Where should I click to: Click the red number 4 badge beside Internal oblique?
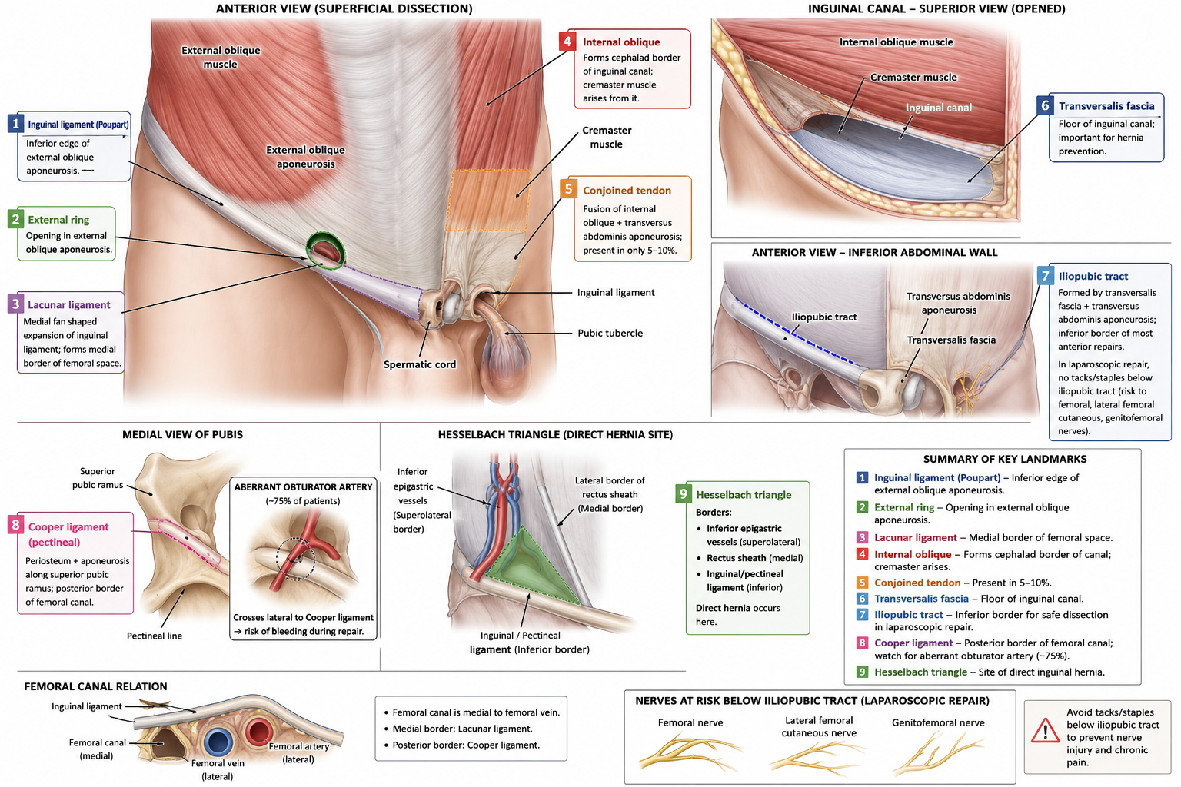[x=567, y=41]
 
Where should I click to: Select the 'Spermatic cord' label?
[x=420, y=364]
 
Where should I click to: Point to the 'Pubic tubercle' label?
[x=610, y=333]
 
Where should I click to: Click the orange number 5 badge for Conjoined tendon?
[x=568, y=189]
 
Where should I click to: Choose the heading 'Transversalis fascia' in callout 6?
[x=1106, y=106]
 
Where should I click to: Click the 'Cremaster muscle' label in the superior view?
[x=913, y=77]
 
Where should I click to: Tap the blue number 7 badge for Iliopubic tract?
[x=1045, y=276]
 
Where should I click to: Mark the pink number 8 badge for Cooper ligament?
[x=15, y=525]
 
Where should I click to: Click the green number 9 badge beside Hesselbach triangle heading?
[x=684, y=494]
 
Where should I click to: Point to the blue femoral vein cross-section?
[x=218, y=742]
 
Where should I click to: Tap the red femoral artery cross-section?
[x=258, y=732]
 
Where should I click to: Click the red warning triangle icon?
[x=1044, y=730]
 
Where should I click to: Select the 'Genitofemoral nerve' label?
[x=938, y=722]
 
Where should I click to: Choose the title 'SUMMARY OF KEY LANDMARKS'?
[x=1005, y=459]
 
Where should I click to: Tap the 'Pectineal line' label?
[x=154, y=636]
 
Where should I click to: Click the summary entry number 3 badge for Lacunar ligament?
[x=861, y=538]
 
